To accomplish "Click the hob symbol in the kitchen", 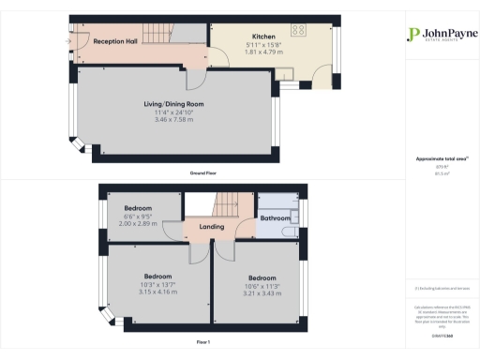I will [x=299, y=29].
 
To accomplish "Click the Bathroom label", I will [x=274, y=218].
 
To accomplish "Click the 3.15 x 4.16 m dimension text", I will [x=157, y=265].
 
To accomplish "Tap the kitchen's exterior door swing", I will [x=321, y=77].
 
